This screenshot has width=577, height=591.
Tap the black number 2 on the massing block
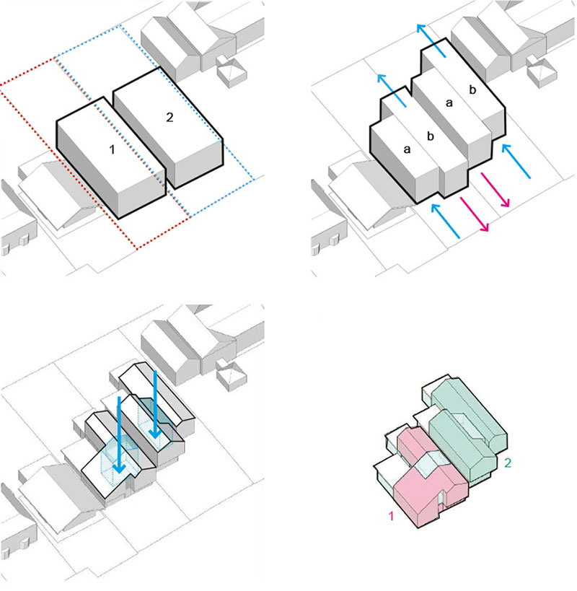tap(169, 118)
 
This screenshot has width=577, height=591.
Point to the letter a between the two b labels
tap(450, 104)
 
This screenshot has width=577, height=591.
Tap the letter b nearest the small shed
tap(472, 89)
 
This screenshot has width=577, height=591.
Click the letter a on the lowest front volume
tap(407, 149)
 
